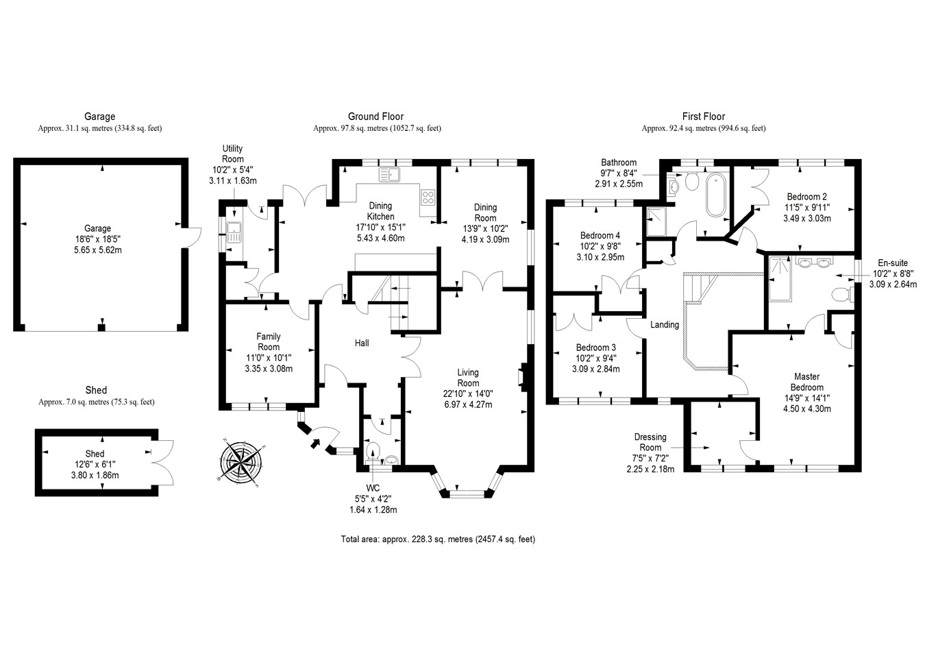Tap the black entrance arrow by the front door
[x=315, y=444]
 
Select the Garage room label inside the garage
[x=97, y=228]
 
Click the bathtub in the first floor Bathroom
[x=717, y=195]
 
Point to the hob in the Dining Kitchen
[x=428, y=197]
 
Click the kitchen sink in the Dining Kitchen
[x=388, y=174]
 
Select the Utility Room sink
[x=234, y=233]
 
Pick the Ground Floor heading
[x=375, y=117]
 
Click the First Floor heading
[x=703, y=117]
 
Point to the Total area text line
[x=438, y=539]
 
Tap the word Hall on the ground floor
[x=362, y=342]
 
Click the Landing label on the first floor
[x=665, y=324]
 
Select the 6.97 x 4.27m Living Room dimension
[x=468, y=404]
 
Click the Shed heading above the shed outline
[x=96, y=390]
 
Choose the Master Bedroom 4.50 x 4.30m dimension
[x=806, y=409]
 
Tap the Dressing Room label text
[x=650, y=442]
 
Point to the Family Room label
[x=269, y=341]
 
